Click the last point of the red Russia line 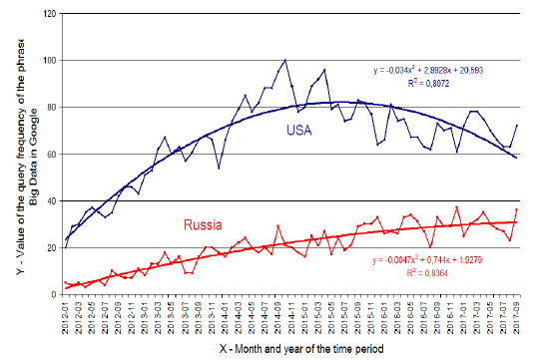(x=517, y=209)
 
